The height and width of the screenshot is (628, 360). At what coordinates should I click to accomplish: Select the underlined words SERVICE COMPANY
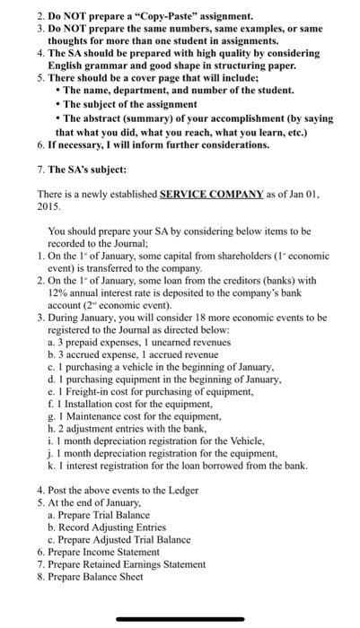(x=212, y=194)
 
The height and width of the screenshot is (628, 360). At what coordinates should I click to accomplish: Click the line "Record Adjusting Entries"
(x=114, y=527)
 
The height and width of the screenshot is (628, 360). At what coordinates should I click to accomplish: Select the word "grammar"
(x=102, y=65)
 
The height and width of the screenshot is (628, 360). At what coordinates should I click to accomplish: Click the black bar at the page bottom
(x=180, y=618)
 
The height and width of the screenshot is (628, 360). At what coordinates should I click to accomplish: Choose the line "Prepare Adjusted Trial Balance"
(x=125, y=539)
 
